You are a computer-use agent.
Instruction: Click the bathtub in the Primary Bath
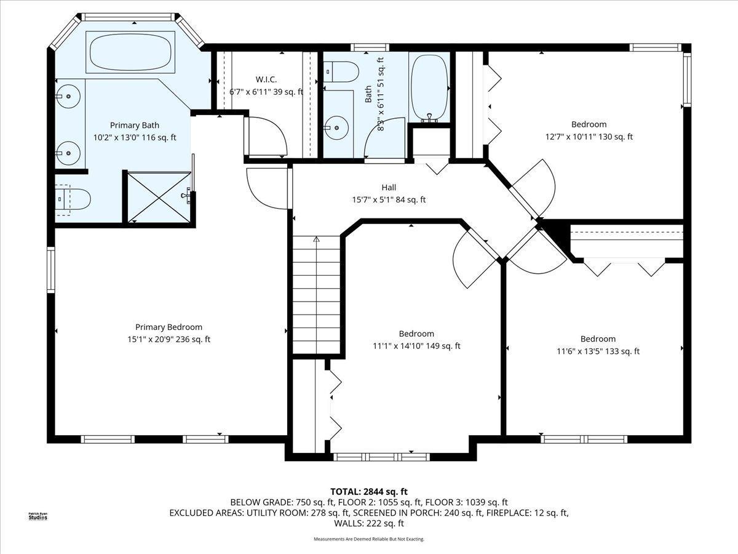tap(130, 52)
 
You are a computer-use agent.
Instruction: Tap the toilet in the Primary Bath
tap(73, 199)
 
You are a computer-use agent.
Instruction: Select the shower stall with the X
tap(159, 198)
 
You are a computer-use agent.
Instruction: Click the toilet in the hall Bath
tap(341, 71)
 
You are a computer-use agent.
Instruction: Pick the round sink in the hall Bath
tap(337, 128)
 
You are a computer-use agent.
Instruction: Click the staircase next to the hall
tap(316, 295)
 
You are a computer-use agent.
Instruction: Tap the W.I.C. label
tap(266, 80)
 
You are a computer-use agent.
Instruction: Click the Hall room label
tap(389, 187)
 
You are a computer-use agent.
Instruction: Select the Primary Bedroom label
tap(169, 327)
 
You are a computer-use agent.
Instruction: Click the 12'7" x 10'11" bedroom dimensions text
tap(589, 137)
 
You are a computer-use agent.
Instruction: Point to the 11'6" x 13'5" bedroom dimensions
tap(598, 351)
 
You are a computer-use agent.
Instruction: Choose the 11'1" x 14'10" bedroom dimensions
tap(416, 346)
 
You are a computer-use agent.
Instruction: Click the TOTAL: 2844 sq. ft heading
tap(369, 492)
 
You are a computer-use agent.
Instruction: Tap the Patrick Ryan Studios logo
tap(38, 516)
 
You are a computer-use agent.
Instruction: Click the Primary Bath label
tap(135, 125)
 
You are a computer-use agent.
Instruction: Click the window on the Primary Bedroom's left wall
tap(51, 270)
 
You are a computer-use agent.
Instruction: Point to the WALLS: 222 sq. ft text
tap(369, 523)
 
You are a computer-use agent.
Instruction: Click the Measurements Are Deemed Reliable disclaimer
tap(369, 539)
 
